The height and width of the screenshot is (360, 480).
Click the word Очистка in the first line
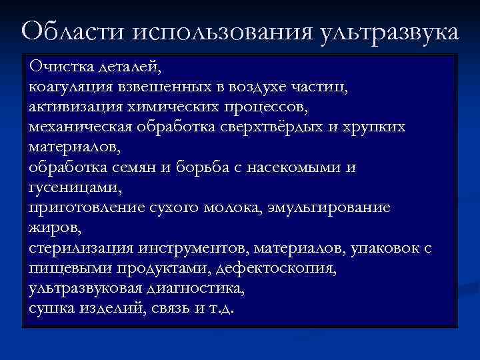click(x=61, y=67)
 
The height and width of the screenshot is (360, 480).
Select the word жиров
click(x=54, y=228)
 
